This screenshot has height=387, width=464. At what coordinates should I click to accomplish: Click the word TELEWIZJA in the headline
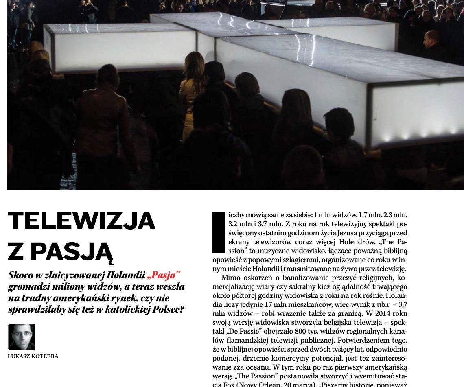click(x=81, y=221)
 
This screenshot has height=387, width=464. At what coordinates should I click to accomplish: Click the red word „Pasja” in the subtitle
click(x=164, y=275)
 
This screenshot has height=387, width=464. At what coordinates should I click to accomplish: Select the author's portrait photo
click(x=22, y=337)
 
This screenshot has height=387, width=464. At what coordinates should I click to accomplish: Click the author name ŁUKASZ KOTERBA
click(x=33, y=356)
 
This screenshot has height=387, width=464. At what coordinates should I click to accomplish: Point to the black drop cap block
click(x=219, y=232)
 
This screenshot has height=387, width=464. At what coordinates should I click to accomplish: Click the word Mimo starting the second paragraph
click(x=230, y=278)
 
